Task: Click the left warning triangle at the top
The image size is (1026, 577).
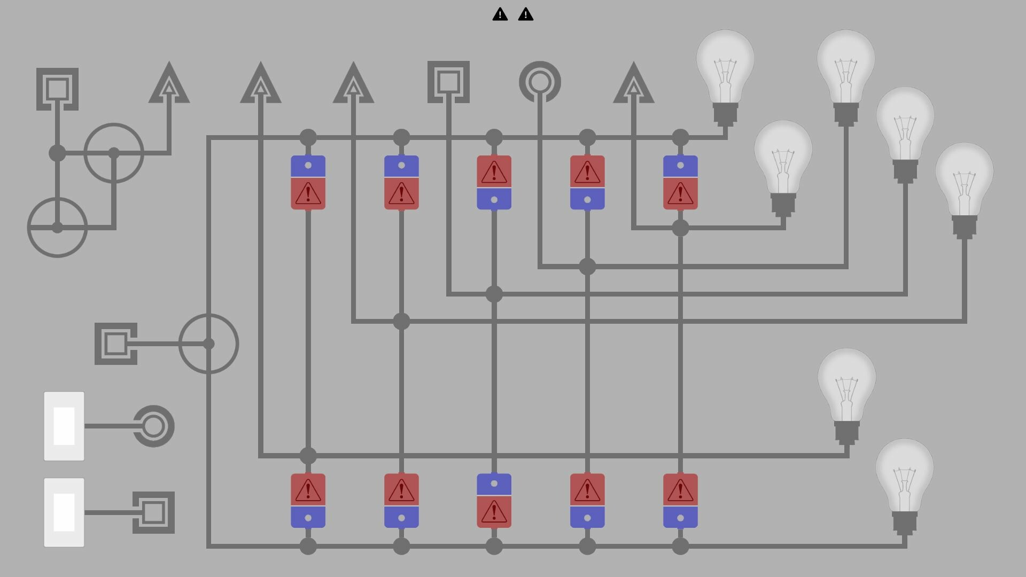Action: click(x=500, y=14)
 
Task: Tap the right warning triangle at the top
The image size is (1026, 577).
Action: click(x=526, y=14)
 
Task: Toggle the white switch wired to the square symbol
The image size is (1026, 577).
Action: click(x=64, y=512)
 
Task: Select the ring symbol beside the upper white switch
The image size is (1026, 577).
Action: click(x=154, y=426)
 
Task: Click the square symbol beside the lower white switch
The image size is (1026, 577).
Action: click(x=154, y=512)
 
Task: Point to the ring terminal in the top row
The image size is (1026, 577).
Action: click(x=540, y=82)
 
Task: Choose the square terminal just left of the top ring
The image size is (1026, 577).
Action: click(x=448, y=82)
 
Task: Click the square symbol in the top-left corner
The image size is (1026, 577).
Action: click(x=57, y=89)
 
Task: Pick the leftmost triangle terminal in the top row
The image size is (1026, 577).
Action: click(x=169, y=83)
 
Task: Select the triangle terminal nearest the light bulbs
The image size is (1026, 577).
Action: click(x=633, y=83)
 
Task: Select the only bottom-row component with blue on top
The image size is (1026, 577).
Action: click(x=494, y=501)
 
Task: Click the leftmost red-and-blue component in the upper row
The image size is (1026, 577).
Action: click(x=308, y=182)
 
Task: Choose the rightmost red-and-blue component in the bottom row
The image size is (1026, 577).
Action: click(x=680, y=501)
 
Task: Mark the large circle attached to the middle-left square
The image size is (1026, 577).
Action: click(x=208, y=344)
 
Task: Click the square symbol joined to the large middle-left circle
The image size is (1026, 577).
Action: click(x=116, y=344)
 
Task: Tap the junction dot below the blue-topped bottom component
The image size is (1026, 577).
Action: click(x=494, y=546)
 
